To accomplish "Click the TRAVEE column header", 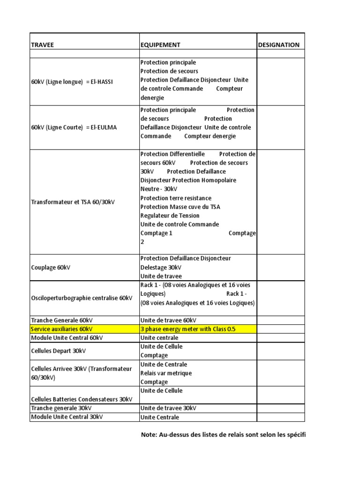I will tap(42, 45).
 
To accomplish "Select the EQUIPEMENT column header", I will tap(160, 45).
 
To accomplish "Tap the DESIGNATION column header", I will tap(279, 45).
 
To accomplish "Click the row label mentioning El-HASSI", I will tap(72, 82).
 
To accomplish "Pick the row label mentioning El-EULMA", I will tap(75, 127).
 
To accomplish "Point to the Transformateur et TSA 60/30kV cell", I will tap(73, 202).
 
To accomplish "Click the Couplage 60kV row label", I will tap(50, 267).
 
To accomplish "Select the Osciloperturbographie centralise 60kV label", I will tap(82, 298).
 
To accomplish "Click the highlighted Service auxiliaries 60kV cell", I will tap(61, 329).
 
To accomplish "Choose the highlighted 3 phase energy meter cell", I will tap(188, 329).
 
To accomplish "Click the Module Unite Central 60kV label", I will tap(67, 337).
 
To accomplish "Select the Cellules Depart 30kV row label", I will tap(59, 351).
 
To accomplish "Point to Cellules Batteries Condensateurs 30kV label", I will tap(82, 399).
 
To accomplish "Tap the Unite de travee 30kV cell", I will tap(168, 408).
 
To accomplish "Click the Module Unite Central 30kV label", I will tap(67, 417).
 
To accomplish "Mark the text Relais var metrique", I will tap(166, 373).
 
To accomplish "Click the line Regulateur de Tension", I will tap(170, 216).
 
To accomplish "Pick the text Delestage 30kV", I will tap(161, 267).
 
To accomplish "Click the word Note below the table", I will tap(149, 435).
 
